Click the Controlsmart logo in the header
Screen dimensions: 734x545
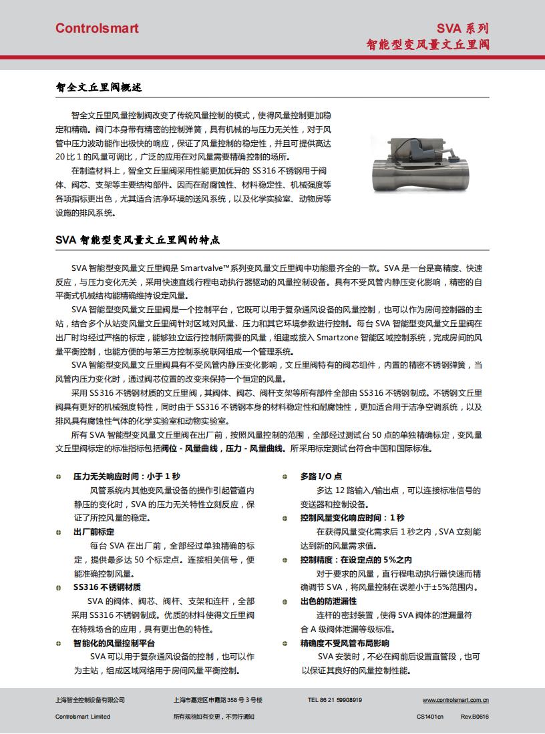pos(97,28)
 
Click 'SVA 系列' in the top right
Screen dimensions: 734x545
pos(463,28)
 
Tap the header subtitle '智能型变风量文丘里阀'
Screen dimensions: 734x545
pos(427,45)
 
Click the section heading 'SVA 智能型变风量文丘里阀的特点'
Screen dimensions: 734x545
pos(138,240)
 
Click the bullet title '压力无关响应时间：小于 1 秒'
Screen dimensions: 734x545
pos(126,476)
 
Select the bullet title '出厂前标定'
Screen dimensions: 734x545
pos(94,531)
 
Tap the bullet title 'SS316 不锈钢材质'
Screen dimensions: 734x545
pos(107,587)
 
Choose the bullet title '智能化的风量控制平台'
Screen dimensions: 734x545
pos(114,643)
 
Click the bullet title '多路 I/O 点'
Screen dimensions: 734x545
pos(321,476)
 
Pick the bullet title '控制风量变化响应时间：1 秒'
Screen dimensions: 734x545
pos(352,517)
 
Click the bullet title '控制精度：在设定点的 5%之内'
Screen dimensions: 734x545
pos(356,559)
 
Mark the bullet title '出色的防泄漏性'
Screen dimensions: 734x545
pos(329,601)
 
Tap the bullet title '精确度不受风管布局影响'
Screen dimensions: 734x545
pos(345,643)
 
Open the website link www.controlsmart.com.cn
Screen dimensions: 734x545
pos(456,700)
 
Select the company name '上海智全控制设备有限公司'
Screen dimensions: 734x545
pos(89,700)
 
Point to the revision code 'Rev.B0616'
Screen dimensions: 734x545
pos(474,717)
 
